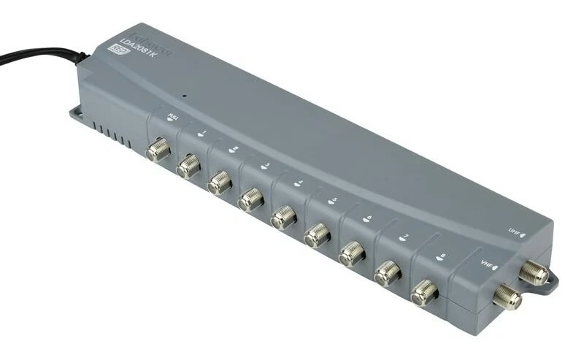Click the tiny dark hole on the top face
(x=185, y=95)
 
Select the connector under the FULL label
(x=158, y=151)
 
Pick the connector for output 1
(x=188, y=166)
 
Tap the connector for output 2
(x=219, y=183)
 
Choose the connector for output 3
(x=250, y=199)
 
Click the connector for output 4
(x=283, y=216)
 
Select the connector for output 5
(x=317, y=234)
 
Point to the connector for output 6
(x=351, y=253)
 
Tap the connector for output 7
(x=386, y=272)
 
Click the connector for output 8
(x=423, y=293)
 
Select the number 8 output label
(x=440, y=256)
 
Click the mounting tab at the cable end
(x=77, y=112)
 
